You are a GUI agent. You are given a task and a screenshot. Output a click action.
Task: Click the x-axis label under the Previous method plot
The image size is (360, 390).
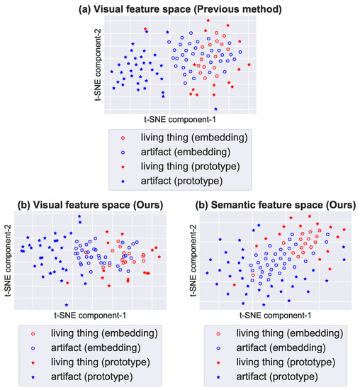click(180, 120)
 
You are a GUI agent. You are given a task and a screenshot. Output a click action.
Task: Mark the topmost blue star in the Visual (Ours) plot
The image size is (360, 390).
click(79, 216)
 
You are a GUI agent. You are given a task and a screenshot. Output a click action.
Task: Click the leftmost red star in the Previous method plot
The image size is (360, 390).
click(145, 29)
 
